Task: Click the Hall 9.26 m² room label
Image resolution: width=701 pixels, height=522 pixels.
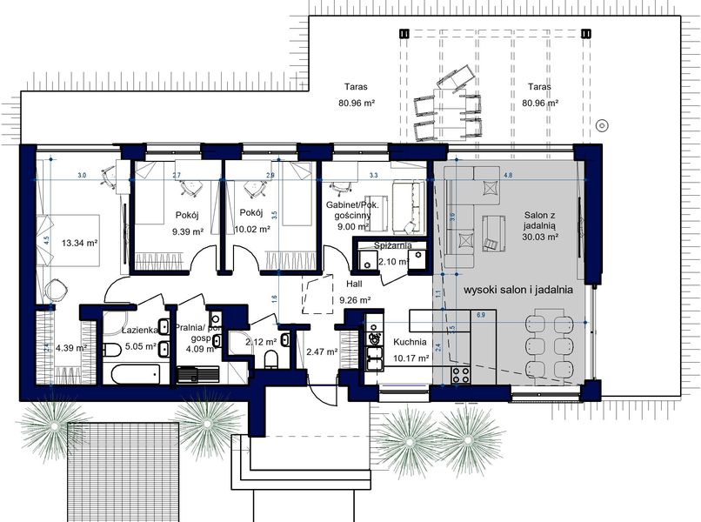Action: [354, 291]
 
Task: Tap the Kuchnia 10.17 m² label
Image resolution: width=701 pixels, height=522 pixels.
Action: [411, 350]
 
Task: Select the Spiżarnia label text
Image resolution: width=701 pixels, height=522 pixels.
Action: [392, 246]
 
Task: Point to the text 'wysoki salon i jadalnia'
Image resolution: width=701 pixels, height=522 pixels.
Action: [517, 290]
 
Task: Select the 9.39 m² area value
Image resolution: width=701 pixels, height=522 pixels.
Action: [186, 231]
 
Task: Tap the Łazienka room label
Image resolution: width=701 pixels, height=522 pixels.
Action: [139, 331]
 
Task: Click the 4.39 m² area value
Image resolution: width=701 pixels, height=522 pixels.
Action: [70, 348]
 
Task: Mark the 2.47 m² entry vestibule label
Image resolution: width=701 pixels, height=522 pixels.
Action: [321, 351]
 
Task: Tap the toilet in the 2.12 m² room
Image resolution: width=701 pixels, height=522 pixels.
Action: [272, 360]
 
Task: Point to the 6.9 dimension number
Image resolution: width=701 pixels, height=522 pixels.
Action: [480, 314]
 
